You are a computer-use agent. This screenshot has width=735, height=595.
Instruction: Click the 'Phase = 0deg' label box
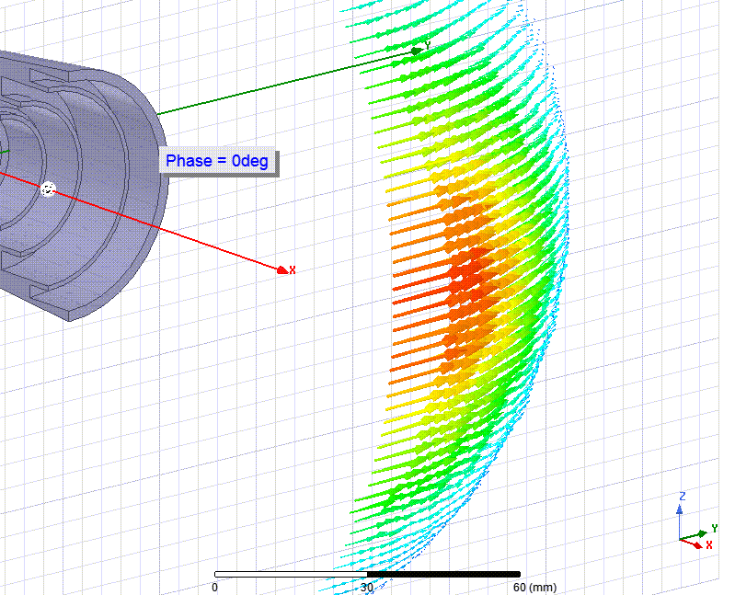(x=219, y=162)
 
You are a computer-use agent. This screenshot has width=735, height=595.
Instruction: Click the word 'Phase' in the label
(x=189, y=161)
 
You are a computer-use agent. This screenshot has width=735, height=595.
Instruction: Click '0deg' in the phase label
(x=250, y=161)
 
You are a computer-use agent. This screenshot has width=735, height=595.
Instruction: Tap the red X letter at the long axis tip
(x=293, y=269)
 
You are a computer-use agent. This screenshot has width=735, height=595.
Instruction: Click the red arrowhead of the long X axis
(x=282, y=269)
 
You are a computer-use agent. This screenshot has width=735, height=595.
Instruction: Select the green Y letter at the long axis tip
(x=428, y=45)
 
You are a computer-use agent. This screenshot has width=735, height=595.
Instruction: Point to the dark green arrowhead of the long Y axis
(x=416, y=51)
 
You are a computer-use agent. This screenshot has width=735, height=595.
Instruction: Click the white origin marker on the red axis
(x=48, y=189)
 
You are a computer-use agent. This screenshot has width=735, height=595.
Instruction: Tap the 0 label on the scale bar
(x=214, y=587)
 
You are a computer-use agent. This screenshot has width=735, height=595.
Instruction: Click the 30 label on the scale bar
(x=367, y=587)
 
